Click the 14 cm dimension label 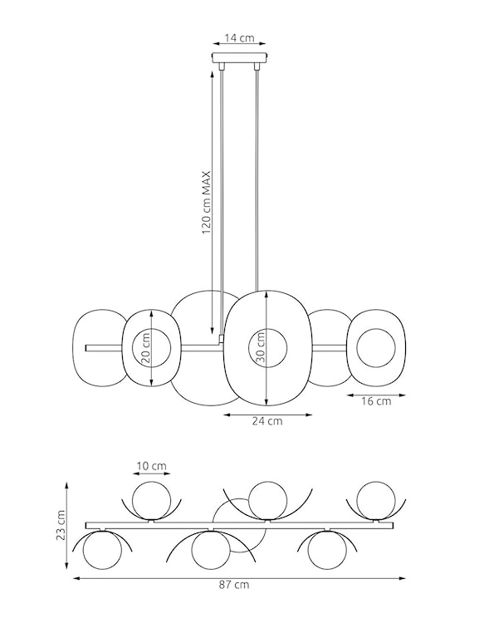pos(239,39)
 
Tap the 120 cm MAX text pos(207,204)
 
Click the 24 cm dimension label pos(267,421)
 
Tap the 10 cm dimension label pos(151,466)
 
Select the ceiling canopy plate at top pos(239,60)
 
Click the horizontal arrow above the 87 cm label pos(239,576)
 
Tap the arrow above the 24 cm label pos(267,413)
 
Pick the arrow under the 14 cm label pos(239,47)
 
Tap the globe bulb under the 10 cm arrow pos(151,501)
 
